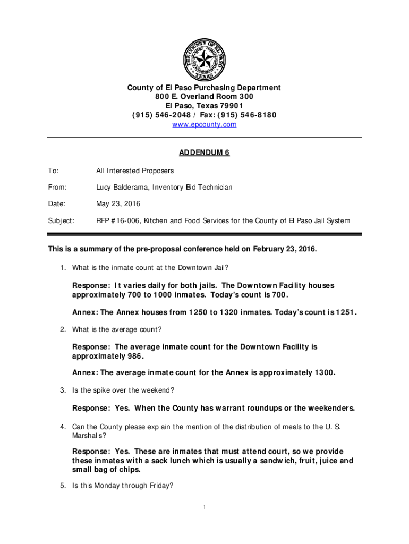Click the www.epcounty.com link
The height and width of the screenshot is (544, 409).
pyautogui.click(x=204, y=125)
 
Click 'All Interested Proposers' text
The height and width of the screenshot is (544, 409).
pyautogui.click(x=135, y=171)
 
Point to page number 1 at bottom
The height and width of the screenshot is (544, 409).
pyautogui.click(x=204, y=508)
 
